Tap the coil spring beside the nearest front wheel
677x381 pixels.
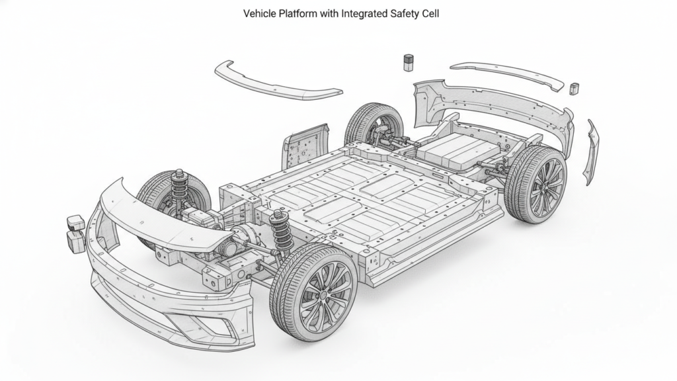282,232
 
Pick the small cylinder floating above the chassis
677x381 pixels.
409,63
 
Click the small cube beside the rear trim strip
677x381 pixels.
574,88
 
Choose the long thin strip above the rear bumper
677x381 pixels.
506,75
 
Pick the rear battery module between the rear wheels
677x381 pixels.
456,150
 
